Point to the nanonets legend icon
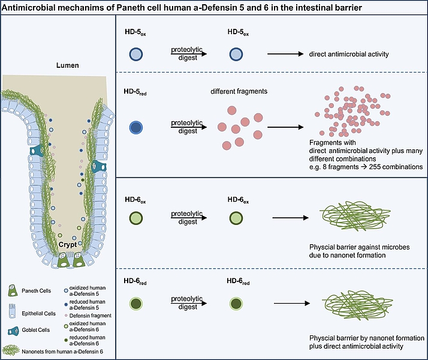(x=13, y=347)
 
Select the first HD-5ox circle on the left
(x=135, y=54)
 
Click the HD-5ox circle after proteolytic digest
(x=235, y=54)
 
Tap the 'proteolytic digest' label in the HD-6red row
(x=187, y=302)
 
